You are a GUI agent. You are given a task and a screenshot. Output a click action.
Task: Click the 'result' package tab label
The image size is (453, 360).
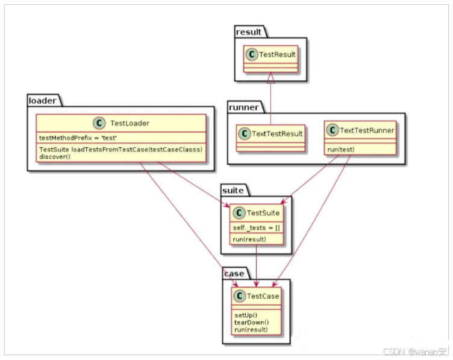[249, 32]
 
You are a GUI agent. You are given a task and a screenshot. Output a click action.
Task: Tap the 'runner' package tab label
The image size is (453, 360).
[243, 107]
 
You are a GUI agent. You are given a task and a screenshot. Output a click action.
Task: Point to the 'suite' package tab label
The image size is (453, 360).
[233, 191]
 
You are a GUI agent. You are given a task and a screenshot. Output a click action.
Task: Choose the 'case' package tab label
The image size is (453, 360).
[234, 274]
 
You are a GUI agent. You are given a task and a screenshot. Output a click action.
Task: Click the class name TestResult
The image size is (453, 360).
[277, 55]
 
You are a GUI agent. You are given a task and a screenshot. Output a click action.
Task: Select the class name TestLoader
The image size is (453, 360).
[130, 123]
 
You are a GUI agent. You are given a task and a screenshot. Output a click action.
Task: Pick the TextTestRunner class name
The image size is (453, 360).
[367, 130]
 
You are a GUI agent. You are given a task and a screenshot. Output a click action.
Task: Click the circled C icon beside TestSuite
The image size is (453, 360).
[239, 213]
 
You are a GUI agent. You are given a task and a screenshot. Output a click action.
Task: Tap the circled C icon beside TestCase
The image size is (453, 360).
[239, 296]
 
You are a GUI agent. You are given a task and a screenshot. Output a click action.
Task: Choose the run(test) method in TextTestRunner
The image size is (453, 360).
[341, 148]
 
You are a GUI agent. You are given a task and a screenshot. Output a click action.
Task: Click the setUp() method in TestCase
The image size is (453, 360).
[246, 315]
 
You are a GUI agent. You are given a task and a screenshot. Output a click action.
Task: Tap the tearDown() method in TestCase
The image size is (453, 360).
[251, 323]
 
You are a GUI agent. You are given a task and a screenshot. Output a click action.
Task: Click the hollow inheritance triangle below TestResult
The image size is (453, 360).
[270, 77]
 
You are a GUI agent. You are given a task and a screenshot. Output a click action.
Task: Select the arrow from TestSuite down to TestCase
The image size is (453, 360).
[257, 265]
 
